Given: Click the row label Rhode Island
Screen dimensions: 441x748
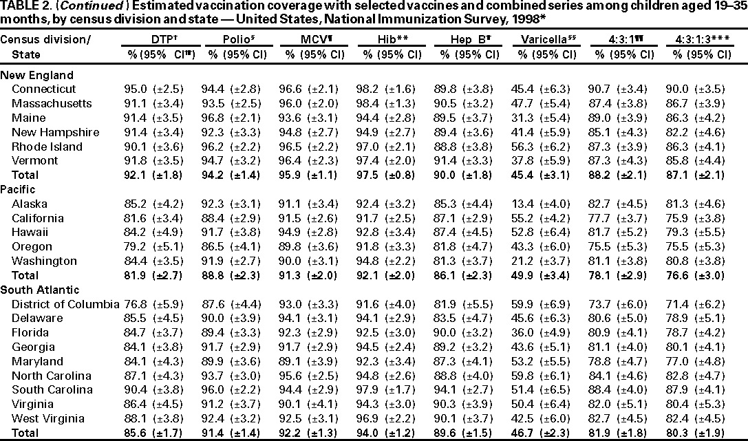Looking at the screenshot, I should click(x=47, y=147).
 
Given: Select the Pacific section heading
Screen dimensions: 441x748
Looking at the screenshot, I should click(x=18, y=189).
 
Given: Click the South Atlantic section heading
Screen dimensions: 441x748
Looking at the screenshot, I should click(x=36, y=290).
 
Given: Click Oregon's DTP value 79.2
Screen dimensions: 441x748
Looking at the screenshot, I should click(x=138, y=246).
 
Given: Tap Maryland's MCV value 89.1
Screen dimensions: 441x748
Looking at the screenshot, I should click(x=292, y=361).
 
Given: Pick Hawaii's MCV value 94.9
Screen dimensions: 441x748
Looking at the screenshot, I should click(x=292, y=233).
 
